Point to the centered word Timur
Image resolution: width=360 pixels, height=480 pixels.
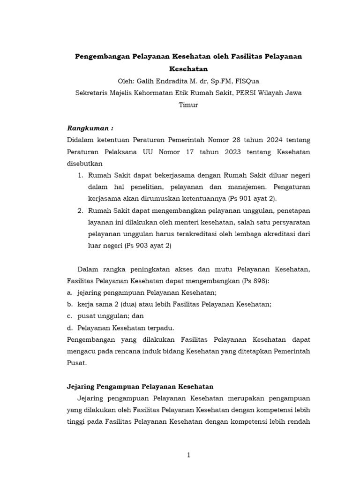coord(188,105)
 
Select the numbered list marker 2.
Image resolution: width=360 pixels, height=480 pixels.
coord(80,210)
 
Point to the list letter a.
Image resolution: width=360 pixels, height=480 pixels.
coord(69,292)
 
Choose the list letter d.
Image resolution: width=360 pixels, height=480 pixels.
coord(69,328)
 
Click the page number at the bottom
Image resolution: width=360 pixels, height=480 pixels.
coord(188,455)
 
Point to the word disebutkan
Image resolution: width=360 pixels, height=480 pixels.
coord(85,164)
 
